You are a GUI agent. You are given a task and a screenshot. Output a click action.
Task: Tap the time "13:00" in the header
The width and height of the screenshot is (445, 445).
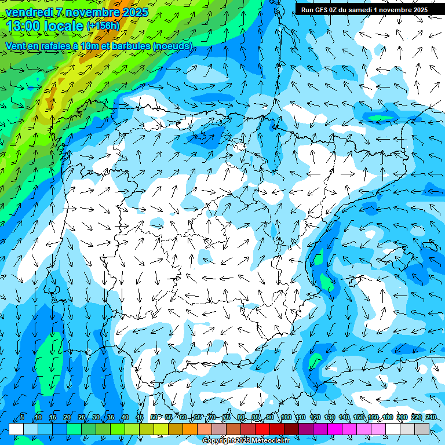23,26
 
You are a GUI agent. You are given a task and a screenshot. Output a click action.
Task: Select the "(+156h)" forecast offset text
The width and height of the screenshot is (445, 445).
103,26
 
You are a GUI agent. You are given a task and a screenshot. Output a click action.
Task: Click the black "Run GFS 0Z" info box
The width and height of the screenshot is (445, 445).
364,9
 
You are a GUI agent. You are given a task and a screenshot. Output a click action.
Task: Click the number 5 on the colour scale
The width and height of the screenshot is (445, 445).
21,418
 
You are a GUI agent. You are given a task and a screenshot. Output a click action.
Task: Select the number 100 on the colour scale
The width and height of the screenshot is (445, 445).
286,418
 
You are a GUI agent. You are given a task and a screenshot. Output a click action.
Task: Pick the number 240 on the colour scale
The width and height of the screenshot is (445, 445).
431,418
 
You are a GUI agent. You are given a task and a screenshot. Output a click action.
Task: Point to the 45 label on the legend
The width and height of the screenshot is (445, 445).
140,418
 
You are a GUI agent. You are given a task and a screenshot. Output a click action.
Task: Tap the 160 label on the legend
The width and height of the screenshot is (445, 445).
373,418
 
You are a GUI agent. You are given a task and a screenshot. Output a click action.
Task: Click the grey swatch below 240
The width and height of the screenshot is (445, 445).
422,429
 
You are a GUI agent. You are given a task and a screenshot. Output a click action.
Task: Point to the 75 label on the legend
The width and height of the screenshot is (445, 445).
227,418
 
